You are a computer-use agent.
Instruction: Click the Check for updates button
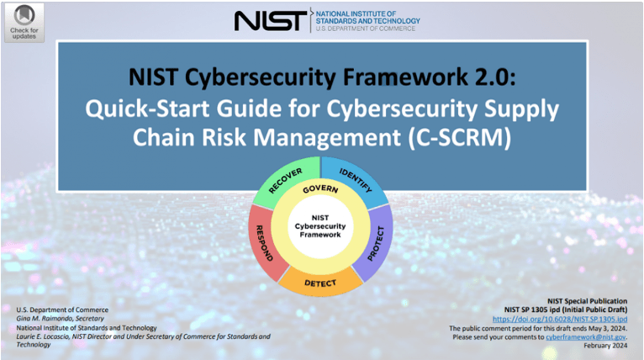pos(24,23)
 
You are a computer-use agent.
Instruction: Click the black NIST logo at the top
pos(270,20)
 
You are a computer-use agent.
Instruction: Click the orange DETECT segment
pos(320,283)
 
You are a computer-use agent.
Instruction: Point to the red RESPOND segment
pos(264,243)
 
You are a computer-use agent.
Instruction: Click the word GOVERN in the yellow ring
pos(320,189)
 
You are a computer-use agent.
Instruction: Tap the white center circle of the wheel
pos(320,226)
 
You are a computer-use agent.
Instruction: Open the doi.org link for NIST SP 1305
pos(560,319)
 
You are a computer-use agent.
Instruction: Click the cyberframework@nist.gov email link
pos(586,337)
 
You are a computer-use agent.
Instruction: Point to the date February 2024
pos(605,346)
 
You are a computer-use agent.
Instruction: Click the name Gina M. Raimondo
pos(44,319)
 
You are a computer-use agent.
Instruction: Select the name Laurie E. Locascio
pos(43,336)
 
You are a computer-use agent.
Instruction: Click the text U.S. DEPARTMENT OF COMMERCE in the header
pos(366,29)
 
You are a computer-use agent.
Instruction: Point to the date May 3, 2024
pos(609,328)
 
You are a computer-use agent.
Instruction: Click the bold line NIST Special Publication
pos(588,301)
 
